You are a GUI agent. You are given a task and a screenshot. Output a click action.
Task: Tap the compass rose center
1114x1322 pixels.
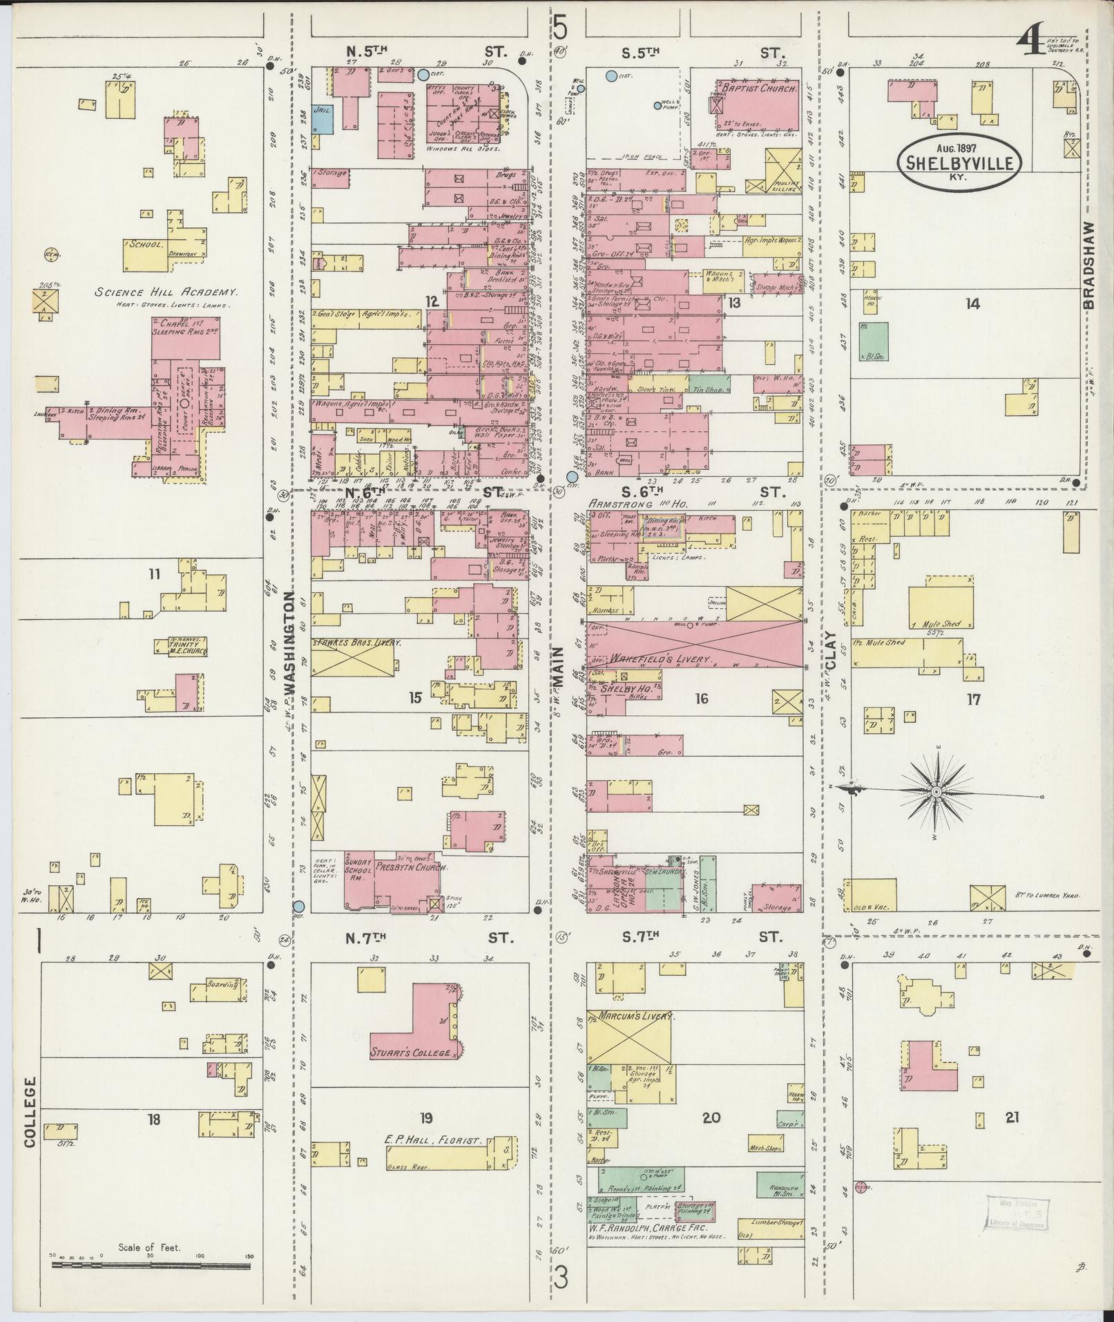(x=935, y=791)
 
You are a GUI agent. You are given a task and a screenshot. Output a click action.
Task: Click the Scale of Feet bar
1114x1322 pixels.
(x=151, y=1266)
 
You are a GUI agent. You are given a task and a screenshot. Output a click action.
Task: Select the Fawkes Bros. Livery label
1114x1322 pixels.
(x=358, y=642)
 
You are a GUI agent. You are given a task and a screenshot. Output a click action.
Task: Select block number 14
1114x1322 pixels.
(x=972, y=303)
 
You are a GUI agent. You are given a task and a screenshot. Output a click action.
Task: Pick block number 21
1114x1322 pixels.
(x=1012, y=1117)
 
